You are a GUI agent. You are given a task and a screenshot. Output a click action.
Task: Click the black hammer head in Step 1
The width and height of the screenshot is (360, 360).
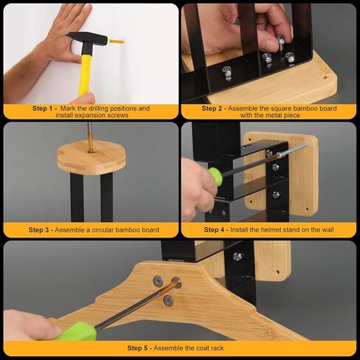pos(87,39)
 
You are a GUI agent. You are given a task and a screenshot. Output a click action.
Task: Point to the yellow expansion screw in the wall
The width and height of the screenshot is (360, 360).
pos(116,41)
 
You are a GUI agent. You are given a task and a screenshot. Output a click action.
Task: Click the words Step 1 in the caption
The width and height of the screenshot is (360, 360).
pos(42,108)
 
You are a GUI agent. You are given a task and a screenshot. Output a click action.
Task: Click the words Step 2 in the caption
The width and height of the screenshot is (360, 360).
pos(212,108)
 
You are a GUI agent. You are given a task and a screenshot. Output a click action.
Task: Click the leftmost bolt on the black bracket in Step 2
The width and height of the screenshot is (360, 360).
pos(227,72)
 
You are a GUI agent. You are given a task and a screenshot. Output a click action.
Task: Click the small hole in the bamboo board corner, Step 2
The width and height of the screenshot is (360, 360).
pos(325,77)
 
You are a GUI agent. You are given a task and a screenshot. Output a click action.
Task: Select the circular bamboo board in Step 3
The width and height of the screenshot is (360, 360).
pos(91,157)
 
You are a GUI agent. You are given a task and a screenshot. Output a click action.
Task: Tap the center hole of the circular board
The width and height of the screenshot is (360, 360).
pos(91,150)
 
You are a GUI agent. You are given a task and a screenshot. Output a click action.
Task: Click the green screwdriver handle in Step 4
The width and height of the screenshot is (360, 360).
pos(215,176)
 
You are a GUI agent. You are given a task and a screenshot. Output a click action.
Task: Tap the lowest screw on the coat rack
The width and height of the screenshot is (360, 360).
pos(168,301)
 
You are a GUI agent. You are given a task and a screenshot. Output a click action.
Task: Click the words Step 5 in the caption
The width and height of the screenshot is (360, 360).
pos(137,348)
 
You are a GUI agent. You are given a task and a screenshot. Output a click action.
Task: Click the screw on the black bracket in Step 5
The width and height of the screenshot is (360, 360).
pos(238,257)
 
